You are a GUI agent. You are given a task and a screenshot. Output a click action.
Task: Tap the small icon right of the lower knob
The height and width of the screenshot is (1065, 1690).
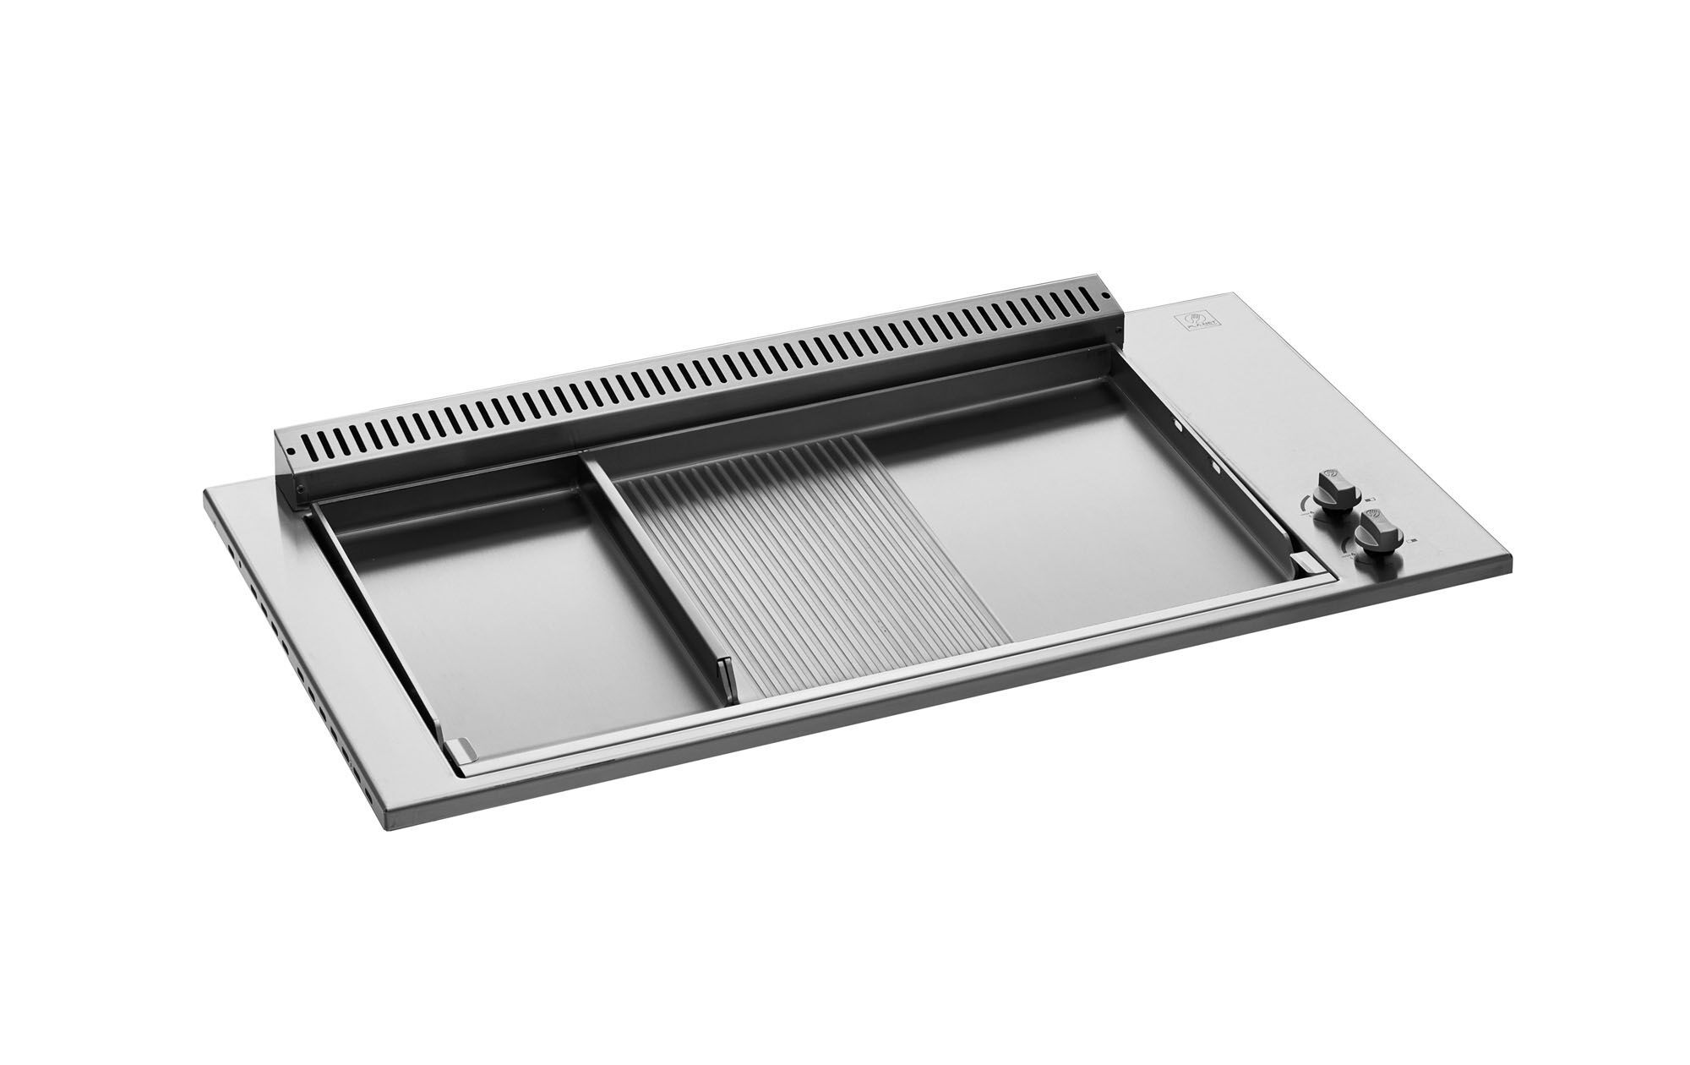(1415, 539)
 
